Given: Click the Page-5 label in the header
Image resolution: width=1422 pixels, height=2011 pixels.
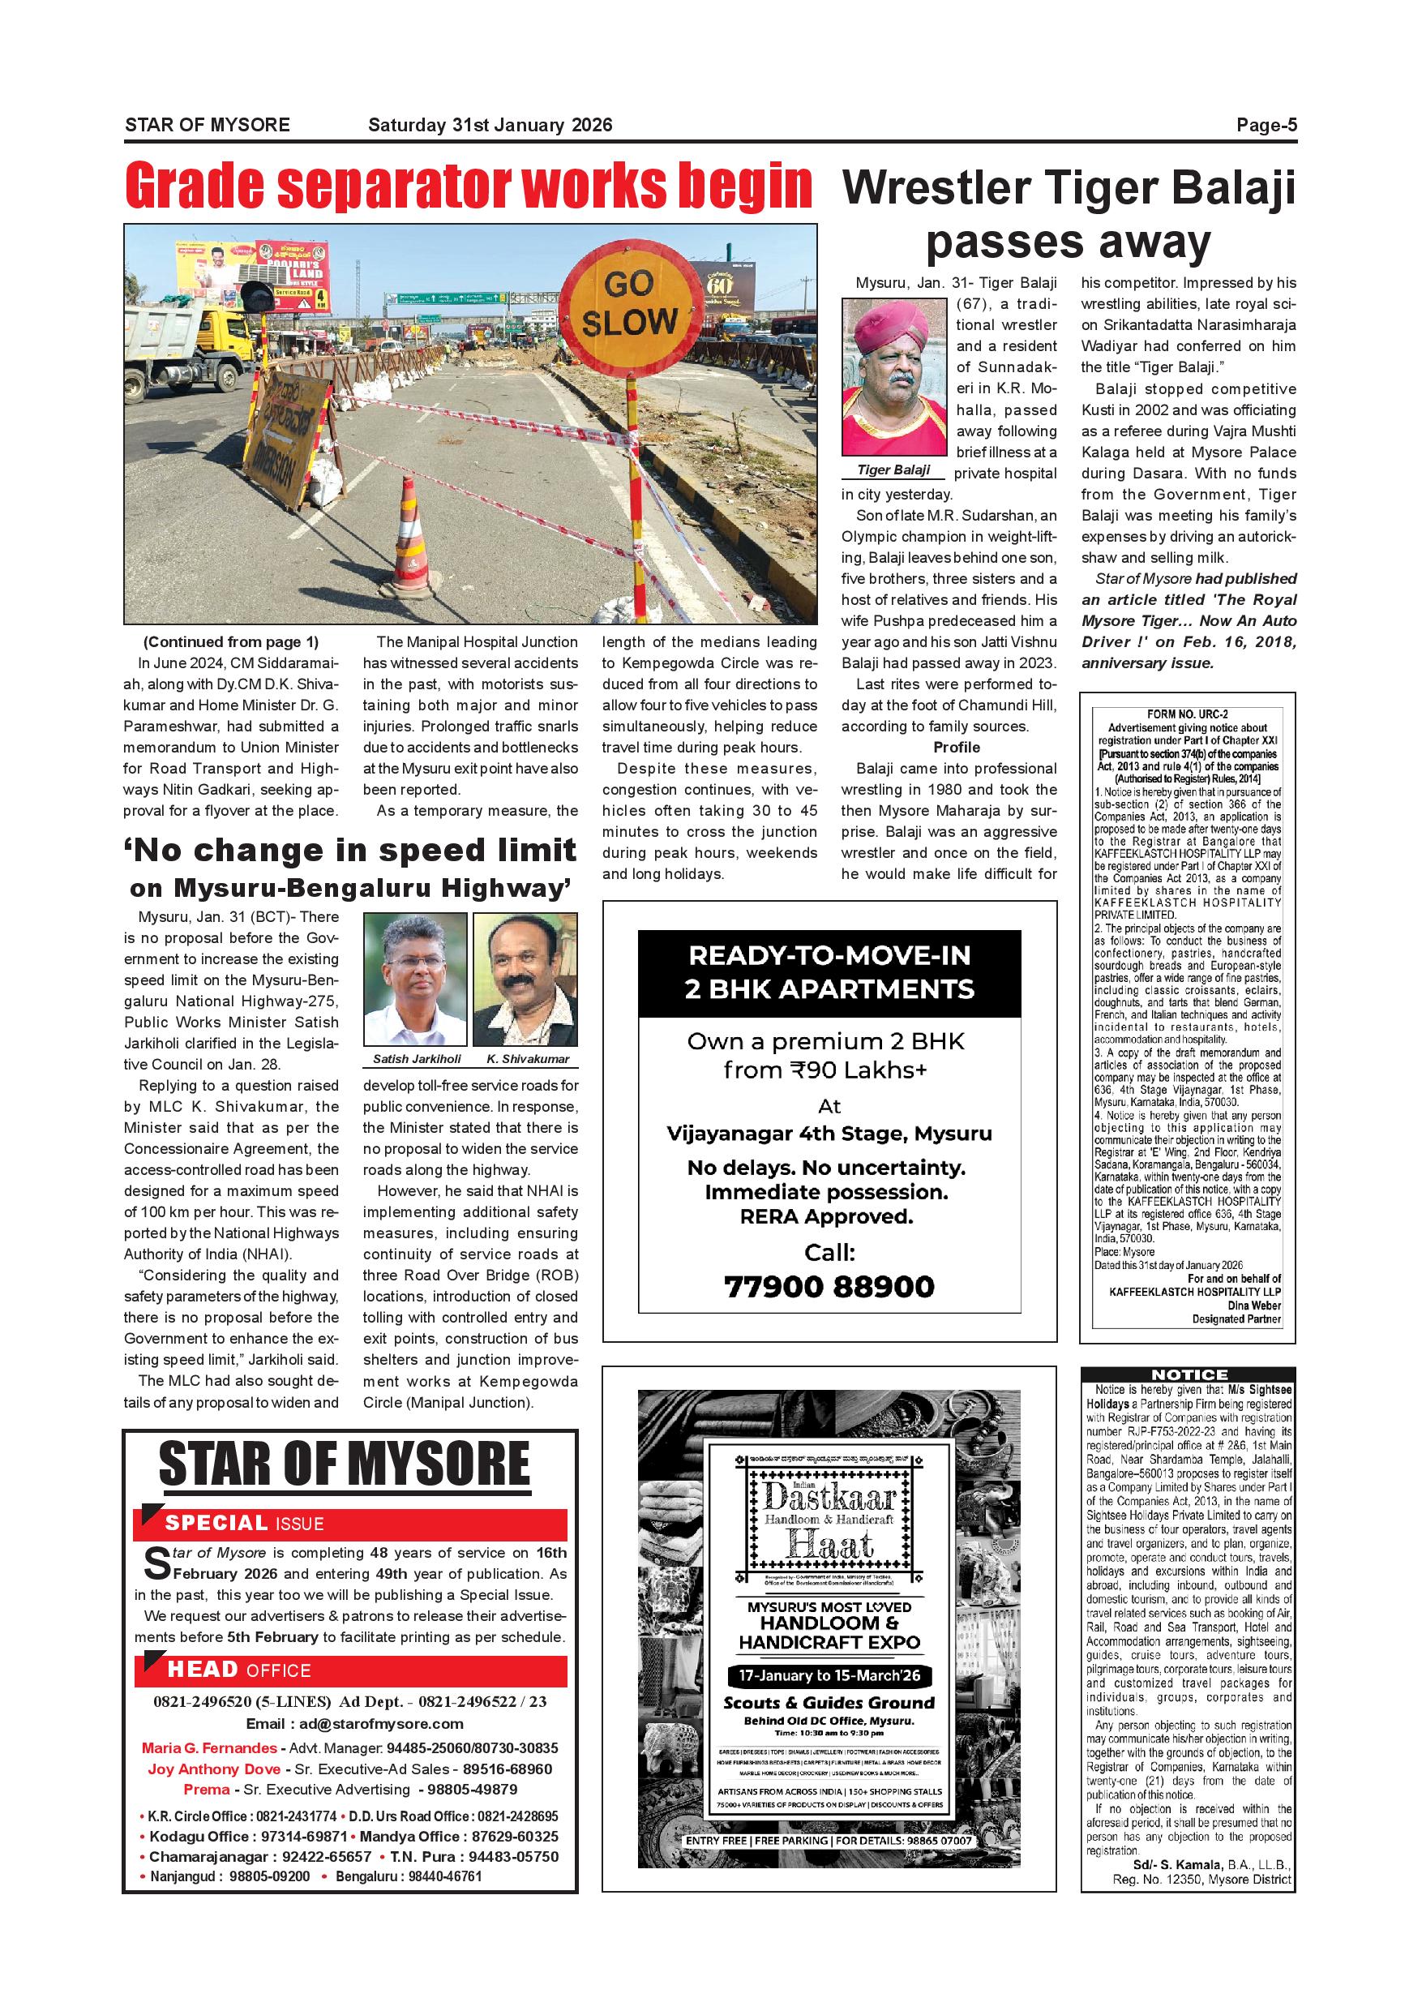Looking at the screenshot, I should [x=1266, y=125].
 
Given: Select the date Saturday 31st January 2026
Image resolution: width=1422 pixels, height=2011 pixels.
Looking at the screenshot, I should [x=490, y=125].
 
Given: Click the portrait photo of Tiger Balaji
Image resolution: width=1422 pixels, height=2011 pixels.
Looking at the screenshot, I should [x=894, y=376].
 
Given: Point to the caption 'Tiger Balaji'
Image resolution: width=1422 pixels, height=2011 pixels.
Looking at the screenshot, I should [x=893, y=470].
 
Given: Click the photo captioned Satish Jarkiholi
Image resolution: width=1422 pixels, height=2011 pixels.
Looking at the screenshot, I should [x=416, y=980].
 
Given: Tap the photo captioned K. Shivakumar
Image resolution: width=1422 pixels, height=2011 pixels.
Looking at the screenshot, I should [x=525, y=980].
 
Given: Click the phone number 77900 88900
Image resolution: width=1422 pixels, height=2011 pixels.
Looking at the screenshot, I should [x=829, y=1287].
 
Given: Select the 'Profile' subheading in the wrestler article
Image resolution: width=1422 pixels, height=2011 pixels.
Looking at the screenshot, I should [x=956, y=747].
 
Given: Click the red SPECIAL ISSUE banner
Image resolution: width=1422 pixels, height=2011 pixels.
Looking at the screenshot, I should [x=350, y=1523].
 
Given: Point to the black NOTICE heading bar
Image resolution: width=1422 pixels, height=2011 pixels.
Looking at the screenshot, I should [x=1189, y=1374].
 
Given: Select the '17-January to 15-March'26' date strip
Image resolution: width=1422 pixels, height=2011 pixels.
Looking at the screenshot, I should [x=829, y=1676].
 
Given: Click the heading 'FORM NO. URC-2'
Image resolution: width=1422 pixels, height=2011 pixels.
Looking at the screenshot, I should [x=1188, y=714].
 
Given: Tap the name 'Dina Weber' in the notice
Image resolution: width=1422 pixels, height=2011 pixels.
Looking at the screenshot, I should [x=1254, y=1305].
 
